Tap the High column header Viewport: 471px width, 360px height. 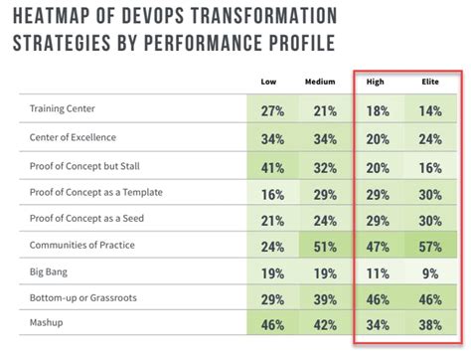pyautogui.click(x=376, y=83)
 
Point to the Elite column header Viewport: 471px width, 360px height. pyautogui.click(x=429, y=83)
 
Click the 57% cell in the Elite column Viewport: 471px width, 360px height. pyautogui.click(x=429, y=245)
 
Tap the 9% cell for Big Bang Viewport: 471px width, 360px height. pyautogui.click(x=429, y=271)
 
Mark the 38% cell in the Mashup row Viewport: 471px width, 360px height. pyautogui.click(x=429, y=325)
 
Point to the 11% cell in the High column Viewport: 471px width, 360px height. pyautogui.click(x=376, y=271)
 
